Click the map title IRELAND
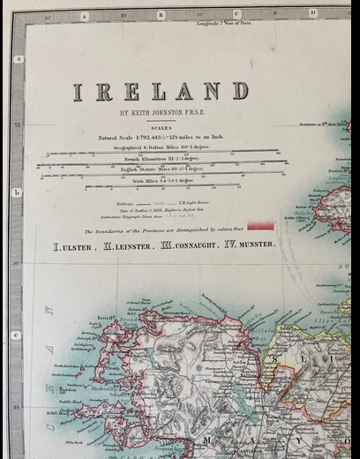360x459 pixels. pyautogui.click(x=160, y=91)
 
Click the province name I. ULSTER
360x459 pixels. pyautogui.click(x=76, y=245)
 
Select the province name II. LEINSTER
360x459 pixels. pyautogui.click(x=132, y=245)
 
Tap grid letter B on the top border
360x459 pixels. pyautogui.click(x=161, y=15)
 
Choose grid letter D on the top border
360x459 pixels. pyautogui.click(x=312, y=13)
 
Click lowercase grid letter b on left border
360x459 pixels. pyautogui.click(x=17, y=192)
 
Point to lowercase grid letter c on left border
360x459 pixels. pyautogui.click(x=17, y=335)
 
